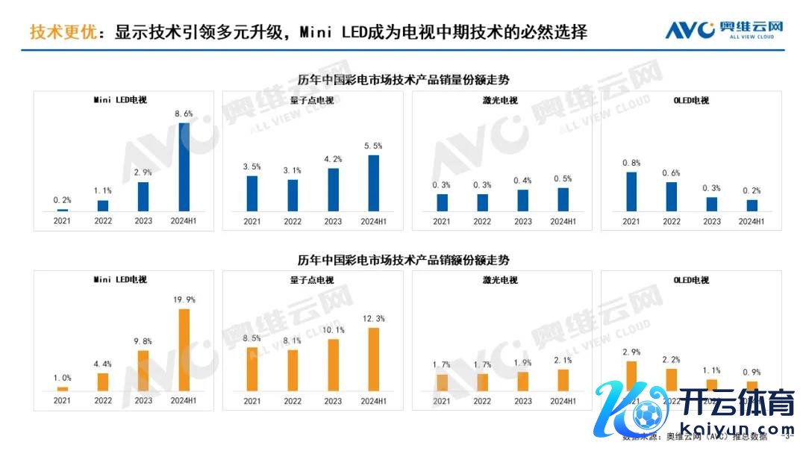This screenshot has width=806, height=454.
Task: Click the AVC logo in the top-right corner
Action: pos(724,30)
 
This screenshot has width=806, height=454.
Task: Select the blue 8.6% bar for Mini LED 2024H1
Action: pos(184,166)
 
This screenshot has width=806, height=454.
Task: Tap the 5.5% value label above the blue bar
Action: pos(373,146)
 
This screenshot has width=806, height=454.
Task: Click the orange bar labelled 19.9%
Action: pos(184,349)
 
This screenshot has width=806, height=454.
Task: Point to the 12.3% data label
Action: pos(373,319)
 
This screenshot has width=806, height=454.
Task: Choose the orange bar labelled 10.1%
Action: pos(333,364)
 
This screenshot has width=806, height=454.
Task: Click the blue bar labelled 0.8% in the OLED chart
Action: pos(631,191)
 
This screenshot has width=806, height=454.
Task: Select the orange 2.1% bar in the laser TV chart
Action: pos(563,379)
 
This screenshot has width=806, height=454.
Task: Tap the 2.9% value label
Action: pos(631,352)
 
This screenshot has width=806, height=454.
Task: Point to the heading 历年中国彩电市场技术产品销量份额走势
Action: pos(403,79)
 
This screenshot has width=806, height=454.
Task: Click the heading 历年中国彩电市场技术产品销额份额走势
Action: pos(403,261)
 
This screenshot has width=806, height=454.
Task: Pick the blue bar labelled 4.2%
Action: pos(333,190)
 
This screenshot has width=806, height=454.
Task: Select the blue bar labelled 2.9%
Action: pos(143,196)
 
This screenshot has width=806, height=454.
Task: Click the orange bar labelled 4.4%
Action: pos(103,382)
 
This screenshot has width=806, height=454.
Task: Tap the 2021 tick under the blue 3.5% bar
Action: pos(252,221)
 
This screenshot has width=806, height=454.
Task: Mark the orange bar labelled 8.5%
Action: pos(252,369)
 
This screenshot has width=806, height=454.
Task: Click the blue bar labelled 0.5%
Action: pos(563,199)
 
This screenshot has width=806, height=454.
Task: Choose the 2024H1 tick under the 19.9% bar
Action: pos(184,401)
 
